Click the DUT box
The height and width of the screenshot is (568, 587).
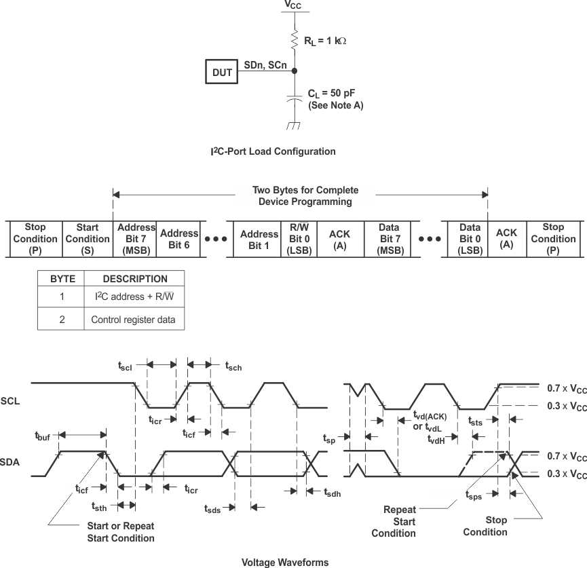tap(223, 72)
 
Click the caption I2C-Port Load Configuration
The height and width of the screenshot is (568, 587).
tap(273, 151)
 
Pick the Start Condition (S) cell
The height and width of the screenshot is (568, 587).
tap(88, 239)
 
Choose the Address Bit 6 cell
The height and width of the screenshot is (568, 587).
tap(179, 239)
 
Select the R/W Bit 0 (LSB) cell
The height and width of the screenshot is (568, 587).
tap(299, 239)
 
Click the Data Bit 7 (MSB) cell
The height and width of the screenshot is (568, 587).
tap(390, 239)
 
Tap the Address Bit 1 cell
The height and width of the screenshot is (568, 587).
tap(259, 239)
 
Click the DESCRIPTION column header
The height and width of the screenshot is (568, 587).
tap(135, 279)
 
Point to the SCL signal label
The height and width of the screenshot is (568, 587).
tap(10, 400)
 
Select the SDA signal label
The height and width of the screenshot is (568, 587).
tap(10, 461)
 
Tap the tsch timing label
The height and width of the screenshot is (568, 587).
tap(233, 366)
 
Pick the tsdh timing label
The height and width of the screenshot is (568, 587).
tap(332, 493)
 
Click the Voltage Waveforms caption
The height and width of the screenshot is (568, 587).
tap(285, 562)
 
